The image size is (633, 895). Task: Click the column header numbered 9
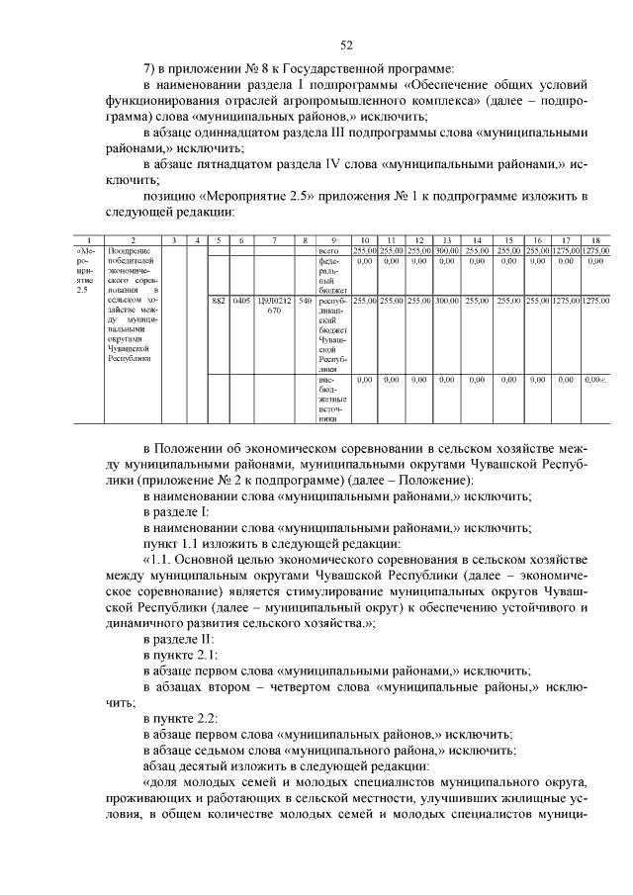(334, 240)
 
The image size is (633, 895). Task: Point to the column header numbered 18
(595, 240)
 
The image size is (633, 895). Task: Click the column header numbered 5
(219, 240)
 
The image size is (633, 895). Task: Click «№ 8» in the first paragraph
(255, 68)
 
